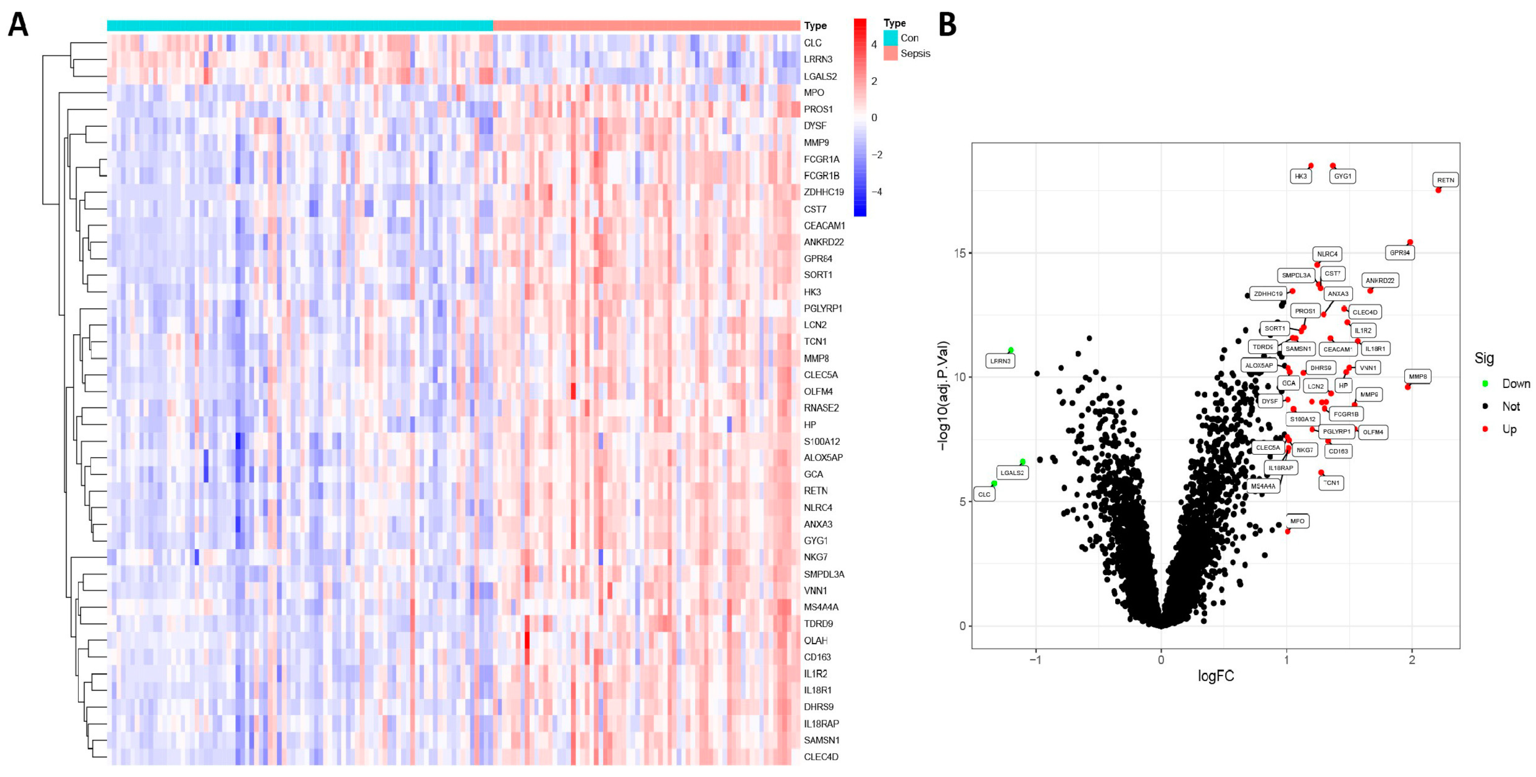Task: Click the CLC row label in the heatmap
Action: pos(812,43)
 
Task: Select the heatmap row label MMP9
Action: pos(816,142)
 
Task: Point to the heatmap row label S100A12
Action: pos(821,441)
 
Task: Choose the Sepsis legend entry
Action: pos(914,53)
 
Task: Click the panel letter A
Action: pos(18,26)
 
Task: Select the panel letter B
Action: pos(948,26)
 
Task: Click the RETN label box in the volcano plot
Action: pos(1445,180)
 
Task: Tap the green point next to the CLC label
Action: pos(994,484)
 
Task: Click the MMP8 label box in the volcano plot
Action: pos(1417,376)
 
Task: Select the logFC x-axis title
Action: pos(1216,676)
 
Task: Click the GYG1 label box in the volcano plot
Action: pos(1342,176)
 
